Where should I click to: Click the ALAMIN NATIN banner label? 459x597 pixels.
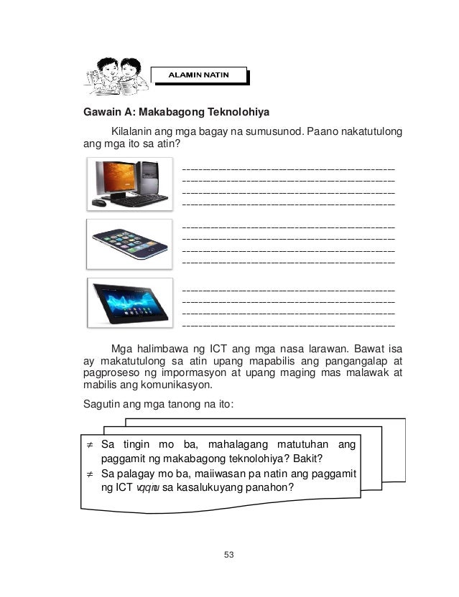(x=198, y=75)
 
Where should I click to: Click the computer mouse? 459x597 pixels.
(x=99, y=203)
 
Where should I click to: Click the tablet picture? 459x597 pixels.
(x=131, y=302)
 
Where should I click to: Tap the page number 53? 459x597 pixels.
(x=229, y=555)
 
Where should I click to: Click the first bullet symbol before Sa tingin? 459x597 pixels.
(x=90, y=446)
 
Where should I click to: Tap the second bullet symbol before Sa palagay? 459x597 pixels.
(x=90, y=474)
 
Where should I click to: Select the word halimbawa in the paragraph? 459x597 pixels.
(x=166, y=348)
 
